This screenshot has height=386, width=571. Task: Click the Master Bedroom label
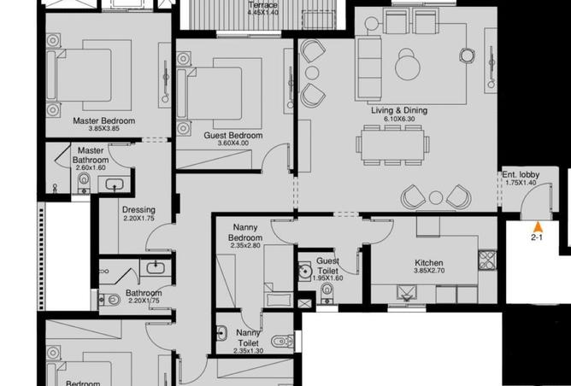click(103, 121)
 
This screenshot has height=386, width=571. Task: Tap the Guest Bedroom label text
click(233, 136)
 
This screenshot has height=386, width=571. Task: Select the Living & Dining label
click(398, 111)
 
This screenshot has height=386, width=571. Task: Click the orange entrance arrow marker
click(537, 226)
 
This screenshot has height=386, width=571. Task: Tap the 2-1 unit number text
click(538, 238)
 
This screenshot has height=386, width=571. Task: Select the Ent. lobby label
click(521, 175)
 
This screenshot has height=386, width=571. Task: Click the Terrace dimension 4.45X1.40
click(262, 13)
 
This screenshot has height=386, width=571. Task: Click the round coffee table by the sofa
click(408, 61)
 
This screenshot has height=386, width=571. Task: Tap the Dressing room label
click(138, 210)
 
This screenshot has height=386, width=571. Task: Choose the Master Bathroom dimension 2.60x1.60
click(91, 168)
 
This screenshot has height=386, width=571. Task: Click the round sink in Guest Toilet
click(304, 272)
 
